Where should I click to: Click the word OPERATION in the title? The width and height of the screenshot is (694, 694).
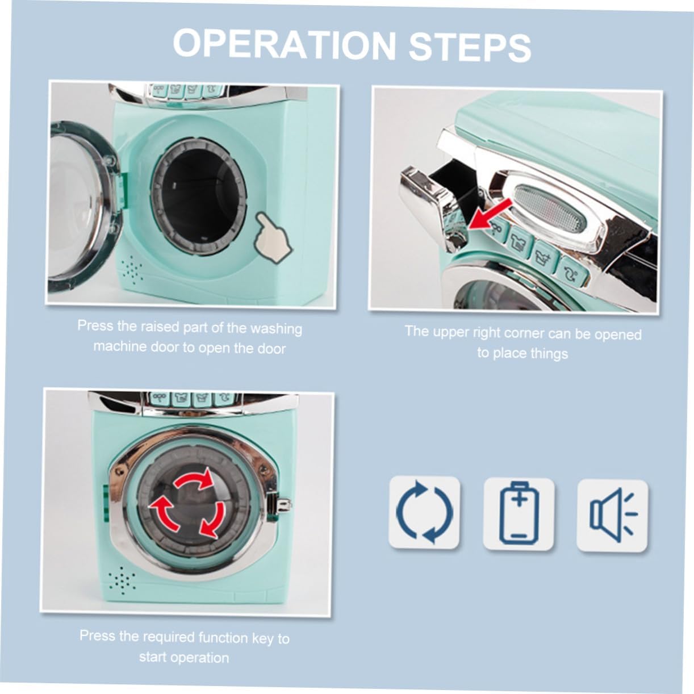285,45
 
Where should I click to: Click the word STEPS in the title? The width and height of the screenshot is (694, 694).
470,47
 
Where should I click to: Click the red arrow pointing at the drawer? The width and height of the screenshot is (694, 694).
490,215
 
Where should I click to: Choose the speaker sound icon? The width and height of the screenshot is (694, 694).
612,515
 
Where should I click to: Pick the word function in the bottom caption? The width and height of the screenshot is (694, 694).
223,637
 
